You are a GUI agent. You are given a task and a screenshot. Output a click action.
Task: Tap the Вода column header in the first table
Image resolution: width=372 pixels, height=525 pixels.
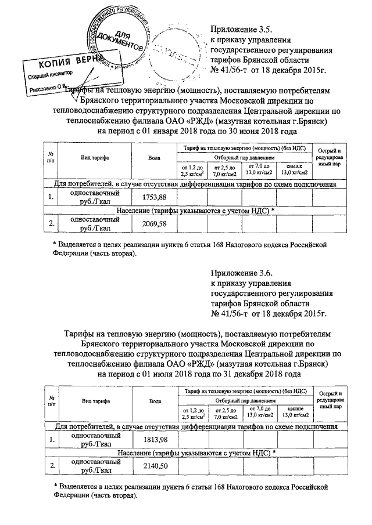coord(154,158)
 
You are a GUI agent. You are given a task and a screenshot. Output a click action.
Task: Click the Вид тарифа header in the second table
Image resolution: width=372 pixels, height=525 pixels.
coord(96,401)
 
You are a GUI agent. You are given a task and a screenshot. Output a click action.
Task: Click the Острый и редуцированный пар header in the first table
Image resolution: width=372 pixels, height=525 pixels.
coord(328,158)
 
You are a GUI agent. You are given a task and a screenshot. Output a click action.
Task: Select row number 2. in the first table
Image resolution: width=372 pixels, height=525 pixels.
coord(52,223)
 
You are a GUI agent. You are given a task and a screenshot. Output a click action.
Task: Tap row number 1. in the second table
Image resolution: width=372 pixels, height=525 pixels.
coord(52,439)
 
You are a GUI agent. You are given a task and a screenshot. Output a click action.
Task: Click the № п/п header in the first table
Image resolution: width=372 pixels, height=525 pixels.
coord(51,158)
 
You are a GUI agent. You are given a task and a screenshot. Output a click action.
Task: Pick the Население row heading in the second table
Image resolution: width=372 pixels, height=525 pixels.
coord(195,451)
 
